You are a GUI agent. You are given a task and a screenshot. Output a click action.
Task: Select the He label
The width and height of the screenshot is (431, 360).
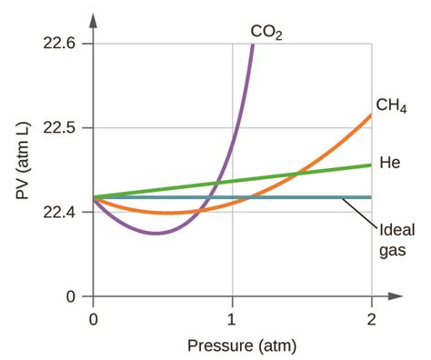coord(389,164)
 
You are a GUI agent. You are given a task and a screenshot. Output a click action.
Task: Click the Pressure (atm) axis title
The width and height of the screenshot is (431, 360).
coord(242,345)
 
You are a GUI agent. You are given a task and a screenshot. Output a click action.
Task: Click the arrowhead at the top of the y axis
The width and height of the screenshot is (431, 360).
coord(94,17)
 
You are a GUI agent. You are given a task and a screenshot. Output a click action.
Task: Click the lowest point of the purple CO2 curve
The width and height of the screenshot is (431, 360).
coord(156,233)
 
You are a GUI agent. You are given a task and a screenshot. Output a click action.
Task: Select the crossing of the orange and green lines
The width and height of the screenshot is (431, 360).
coord(296,174)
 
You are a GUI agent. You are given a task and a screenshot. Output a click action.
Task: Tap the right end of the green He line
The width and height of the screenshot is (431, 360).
coord(371,165)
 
